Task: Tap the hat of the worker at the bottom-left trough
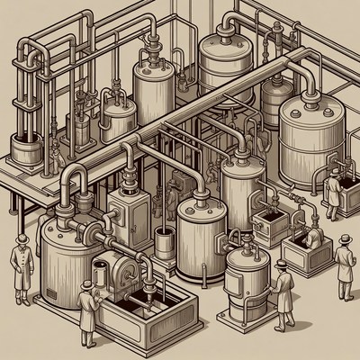pyautogui.click(x=87, y=284)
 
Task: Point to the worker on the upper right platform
pyautogui.click(x=334, y=187)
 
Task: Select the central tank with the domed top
pyautogui.click(x=202, y=234)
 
